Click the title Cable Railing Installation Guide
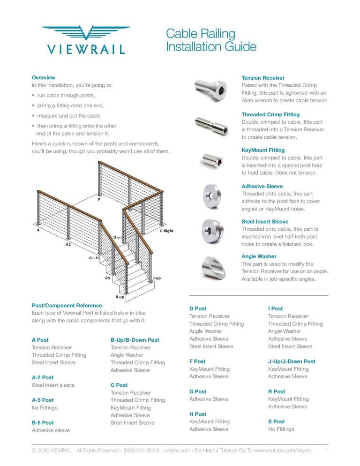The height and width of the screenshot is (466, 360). click(211, 40)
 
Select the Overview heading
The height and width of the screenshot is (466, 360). click(43, 77)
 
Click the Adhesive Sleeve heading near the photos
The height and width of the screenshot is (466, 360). click(262, 186)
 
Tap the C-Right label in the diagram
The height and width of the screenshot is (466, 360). click(166, 231)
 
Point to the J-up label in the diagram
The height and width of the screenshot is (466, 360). click(157, 278)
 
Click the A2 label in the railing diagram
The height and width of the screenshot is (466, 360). click(68, 245)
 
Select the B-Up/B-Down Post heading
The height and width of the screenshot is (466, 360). click(135, 340)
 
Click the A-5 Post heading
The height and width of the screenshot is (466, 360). click(43, 400)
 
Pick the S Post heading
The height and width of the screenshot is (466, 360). click(276, 421)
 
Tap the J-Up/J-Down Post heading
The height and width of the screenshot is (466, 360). click(292, 361)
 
